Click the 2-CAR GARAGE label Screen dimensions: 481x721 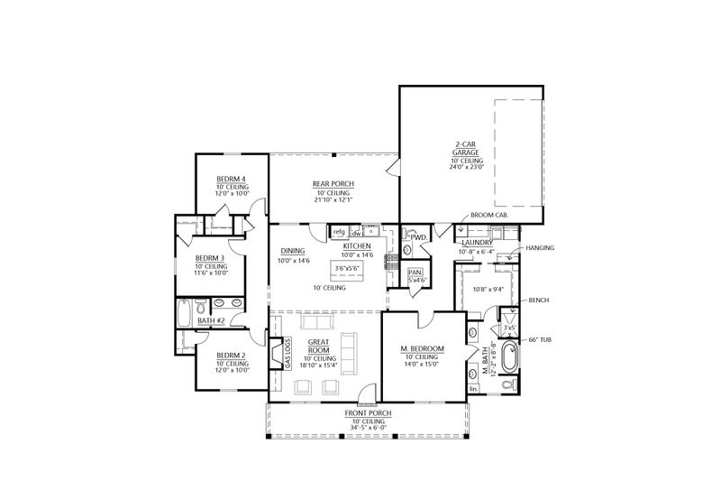pyautogui.click(x=465, y=149)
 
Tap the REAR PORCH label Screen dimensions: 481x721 pyautogui.click(x=333, y=184)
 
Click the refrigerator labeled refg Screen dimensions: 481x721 pyautogui.click(x=339, y=232)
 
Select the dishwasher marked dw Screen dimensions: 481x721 pyautogui.click(x=356, y=232)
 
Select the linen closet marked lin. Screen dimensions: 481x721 pyautogui.click(x=474, y=389)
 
